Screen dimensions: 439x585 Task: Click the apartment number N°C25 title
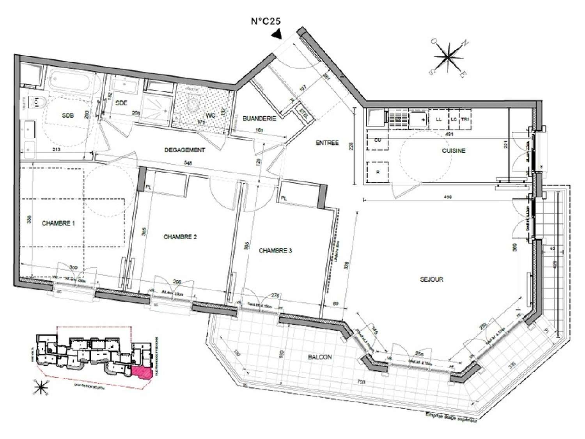[x=266, y=21]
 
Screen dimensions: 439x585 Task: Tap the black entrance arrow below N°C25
[x=277, y=35]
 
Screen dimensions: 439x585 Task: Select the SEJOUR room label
[x=431, y=279]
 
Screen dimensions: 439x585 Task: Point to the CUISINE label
[x=454, y=151]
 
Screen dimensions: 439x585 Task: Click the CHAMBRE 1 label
[x=58, y=223]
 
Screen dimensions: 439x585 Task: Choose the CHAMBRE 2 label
[x=180, y=237]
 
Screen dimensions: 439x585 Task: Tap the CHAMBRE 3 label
[x=275, y=251]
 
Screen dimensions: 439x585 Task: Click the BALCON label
[x=320, y=357]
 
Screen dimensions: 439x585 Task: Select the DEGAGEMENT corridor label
[x=184, y=150]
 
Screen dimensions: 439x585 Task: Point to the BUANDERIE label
[x=259, y=118]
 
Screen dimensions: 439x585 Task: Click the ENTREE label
[x=327, y=143]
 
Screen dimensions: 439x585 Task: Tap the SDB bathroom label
[x=67, y=116]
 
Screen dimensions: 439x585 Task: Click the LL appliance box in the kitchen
[x=438, y=119]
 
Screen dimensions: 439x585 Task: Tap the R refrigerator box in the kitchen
[x=378, y=172]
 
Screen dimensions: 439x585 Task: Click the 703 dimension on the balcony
[x=361, y=382]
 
